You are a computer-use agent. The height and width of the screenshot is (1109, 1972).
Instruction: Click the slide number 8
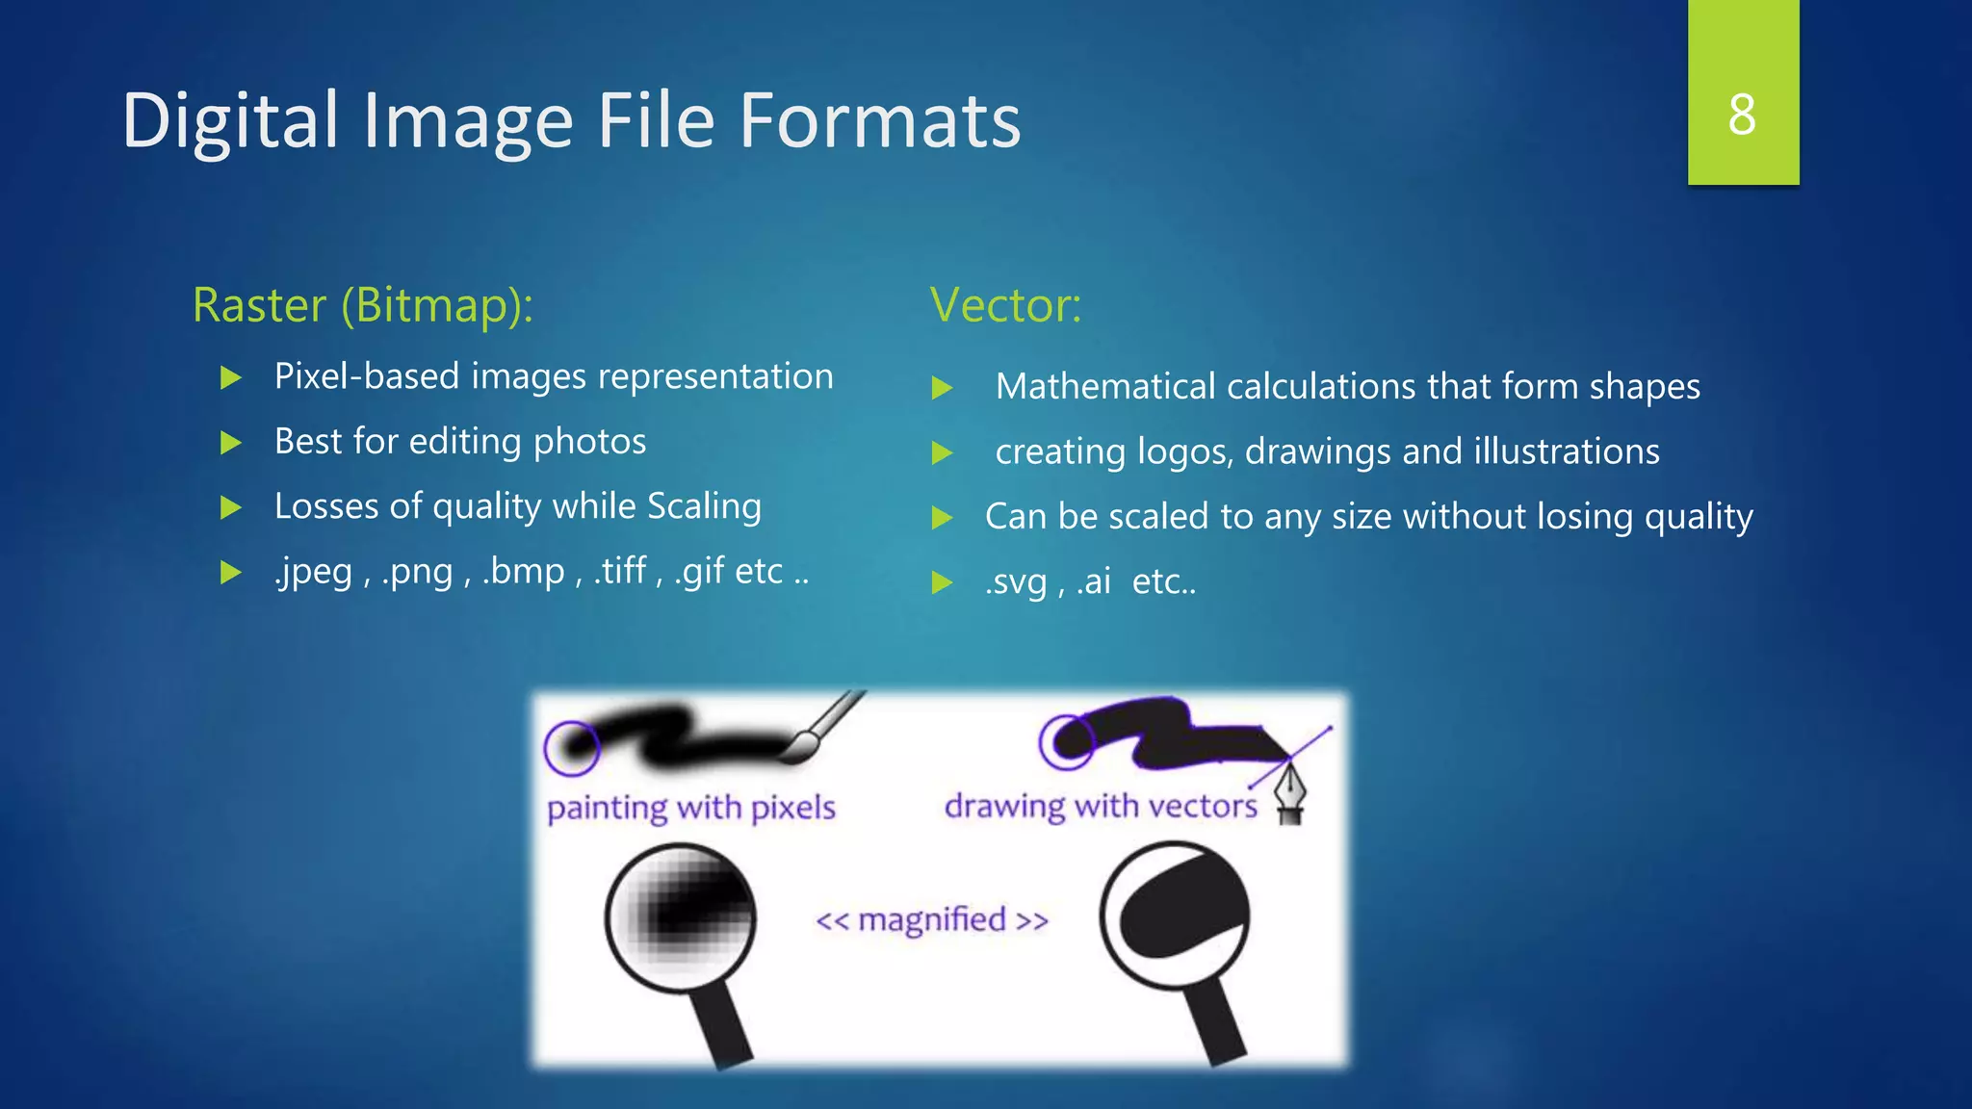pyautogui.click(x=1742, y=115)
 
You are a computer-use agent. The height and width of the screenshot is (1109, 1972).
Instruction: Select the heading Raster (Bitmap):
pyautogui.click(x=362, y=305)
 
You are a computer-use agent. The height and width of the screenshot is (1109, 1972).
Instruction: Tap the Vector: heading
pyautogui.click(x=1005, y=305)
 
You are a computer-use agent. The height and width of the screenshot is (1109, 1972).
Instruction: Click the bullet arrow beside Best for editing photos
pyautogui.click(x=231, y=443)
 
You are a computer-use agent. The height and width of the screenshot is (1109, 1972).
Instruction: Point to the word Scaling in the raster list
pyautogui.click(x=704, y=506)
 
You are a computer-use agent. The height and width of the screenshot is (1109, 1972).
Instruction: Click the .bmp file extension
pyautogui.click(x=523, y=572)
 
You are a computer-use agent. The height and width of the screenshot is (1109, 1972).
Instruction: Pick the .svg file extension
pyautogui.click(x=1015, y=582)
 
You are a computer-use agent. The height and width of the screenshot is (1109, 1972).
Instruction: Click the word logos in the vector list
pyautogui.click(x=1184, y=451)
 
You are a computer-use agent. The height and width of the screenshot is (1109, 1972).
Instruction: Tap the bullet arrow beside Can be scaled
pyautogui.click(x=942, y=518)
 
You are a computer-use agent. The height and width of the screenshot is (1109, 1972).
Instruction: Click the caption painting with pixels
pyautogui.click(x=690, y=807)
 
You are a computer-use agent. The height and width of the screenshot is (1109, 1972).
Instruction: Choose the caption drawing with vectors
pyautogui.click(x=1101, y=806)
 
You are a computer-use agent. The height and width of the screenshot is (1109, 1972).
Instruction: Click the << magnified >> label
pyautogui.click(x=931, y=920)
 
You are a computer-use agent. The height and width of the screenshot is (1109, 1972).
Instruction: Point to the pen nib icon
pyautogui.click(x=1290, y=792)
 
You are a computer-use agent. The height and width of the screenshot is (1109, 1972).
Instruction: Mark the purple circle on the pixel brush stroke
pyautogui.click(x=572, y=747)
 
